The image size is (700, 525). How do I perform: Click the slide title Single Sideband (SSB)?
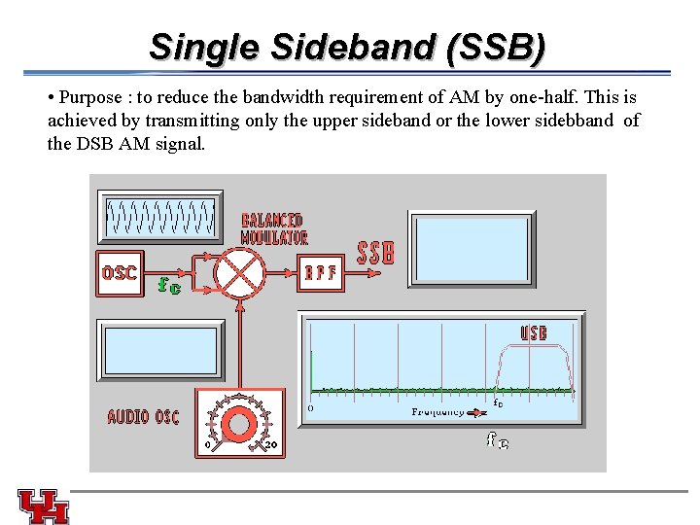pos(347,46)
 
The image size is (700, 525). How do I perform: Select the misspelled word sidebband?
pos(577,121)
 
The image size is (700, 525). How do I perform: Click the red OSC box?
pos(120,273)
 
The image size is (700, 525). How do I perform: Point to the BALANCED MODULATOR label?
pos(273,228)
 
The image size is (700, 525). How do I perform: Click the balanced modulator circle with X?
pos(239,271)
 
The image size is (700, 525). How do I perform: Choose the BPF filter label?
pos(322,273)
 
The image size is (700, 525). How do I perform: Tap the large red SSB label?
pos(376,254)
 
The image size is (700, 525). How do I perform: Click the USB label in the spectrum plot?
pos(534,332)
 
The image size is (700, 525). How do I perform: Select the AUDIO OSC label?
pos(143,417)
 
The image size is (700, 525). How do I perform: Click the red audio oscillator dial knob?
pos(239,425)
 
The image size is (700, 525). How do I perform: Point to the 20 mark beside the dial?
pos(273,446)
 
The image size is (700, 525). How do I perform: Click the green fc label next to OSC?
pos(170,286)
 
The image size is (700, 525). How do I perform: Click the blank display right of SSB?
pos(471,248)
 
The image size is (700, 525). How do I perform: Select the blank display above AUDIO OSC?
pos(161,350)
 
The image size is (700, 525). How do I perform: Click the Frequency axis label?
pos(438,412)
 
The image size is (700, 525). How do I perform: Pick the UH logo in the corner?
pos(43,505)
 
